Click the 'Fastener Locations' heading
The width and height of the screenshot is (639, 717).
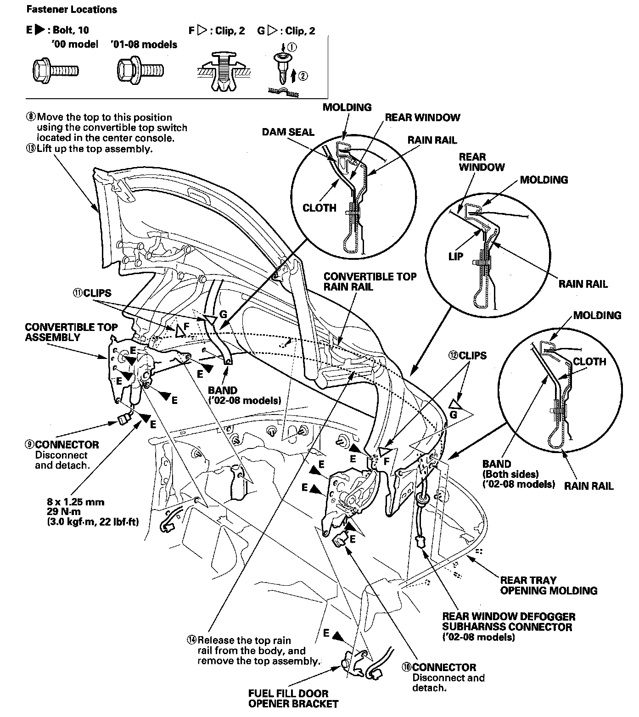point(71,9)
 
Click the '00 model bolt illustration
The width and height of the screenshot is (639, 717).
point(56,70)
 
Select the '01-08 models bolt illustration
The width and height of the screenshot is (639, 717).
point(140,70)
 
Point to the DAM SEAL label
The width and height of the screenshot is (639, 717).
point(288,132)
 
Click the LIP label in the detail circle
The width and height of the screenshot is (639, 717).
point(456,257)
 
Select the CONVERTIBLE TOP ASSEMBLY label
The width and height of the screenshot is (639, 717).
point(71,332)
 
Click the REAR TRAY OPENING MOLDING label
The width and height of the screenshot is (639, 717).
point(548,585)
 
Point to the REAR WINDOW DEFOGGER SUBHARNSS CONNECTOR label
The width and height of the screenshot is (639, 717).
point(508,622)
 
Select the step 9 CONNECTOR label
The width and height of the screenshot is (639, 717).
point(67,445)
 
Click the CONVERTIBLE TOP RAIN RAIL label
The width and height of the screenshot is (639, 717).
point(370,282)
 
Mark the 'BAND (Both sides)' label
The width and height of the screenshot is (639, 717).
point(510,469)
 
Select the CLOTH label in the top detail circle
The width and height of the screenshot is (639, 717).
point(319,208)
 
